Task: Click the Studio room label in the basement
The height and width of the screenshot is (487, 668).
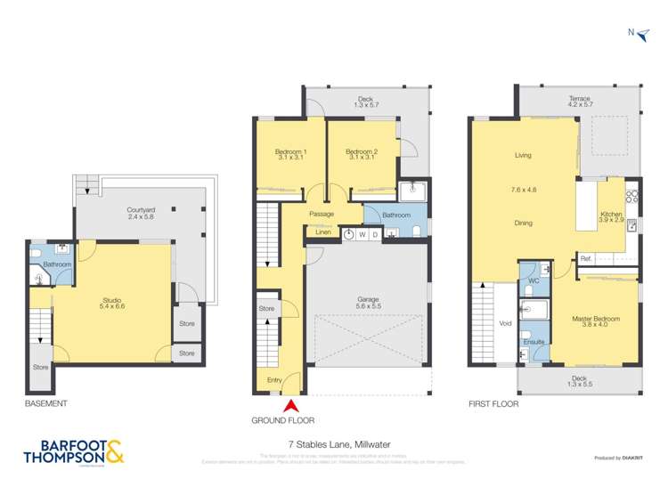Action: (x=112, y=301)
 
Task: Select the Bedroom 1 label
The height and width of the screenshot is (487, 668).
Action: (x=290, y=152)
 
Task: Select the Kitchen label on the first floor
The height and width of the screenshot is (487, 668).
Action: (x=610, y=215)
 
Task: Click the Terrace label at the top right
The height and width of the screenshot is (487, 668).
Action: (x=580, y=99)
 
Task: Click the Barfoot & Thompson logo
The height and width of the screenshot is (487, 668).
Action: (x=78, y=452)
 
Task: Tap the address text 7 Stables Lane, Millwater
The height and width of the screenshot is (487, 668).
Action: (x=334, y=443)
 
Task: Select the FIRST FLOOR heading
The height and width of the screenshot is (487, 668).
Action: (x=493, y=403)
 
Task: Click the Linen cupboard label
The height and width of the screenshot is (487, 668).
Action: (x=322, y=233)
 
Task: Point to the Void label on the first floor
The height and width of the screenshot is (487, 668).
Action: (x=506, y=324)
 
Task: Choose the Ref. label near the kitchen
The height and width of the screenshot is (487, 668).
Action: (x=586, y=259)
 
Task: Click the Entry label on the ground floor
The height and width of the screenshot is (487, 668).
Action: (x=274, y=381)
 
